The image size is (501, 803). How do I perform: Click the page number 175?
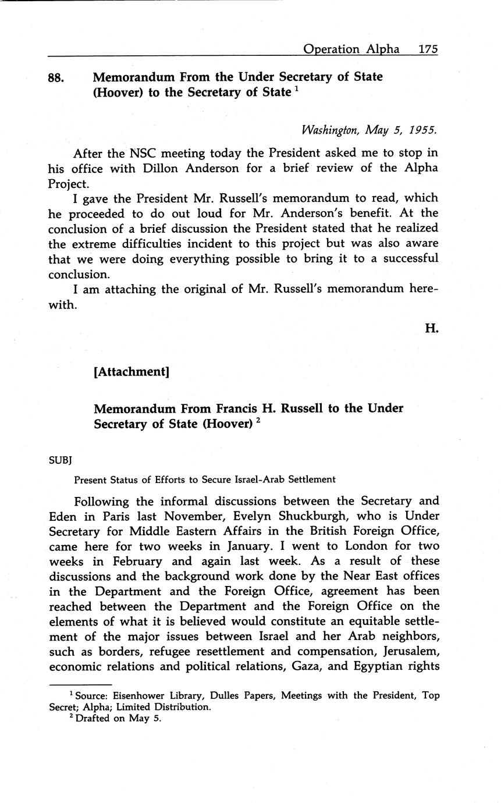coord(428,49)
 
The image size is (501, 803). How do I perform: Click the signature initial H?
coord(431,329)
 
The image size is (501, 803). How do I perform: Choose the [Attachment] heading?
coord(132,371)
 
